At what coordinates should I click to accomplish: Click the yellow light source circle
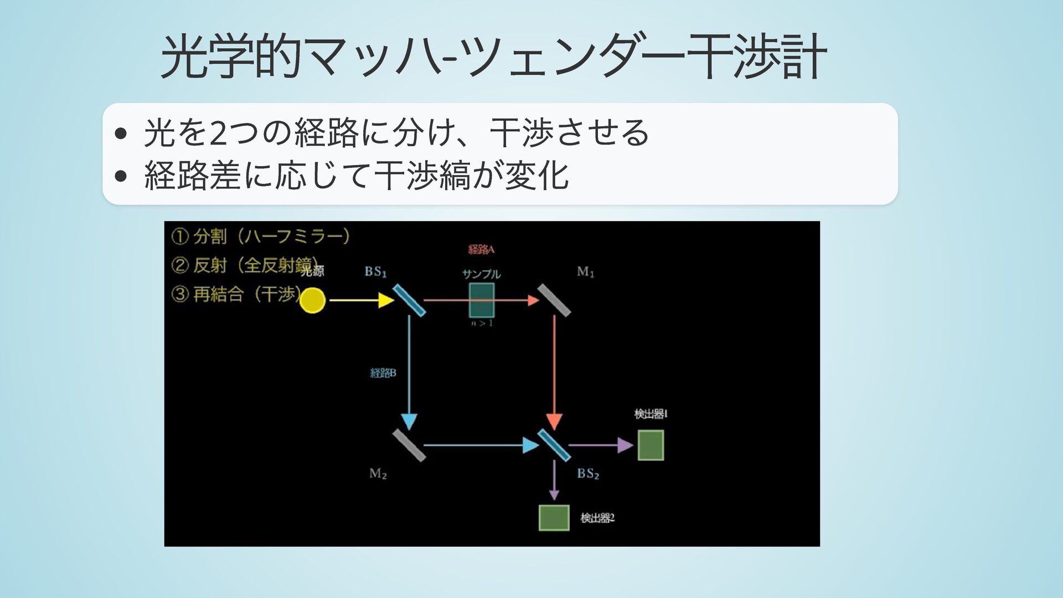[312, 300]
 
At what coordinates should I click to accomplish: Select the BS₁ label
[375, 272]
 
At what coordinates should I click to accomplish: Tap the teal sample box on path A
[481, 300]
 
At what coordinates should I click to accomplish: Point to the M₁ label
[585, 272]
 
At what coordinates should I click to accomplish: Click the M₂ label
[378, 473]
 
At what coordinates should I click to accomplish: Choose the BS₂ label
[588, 473]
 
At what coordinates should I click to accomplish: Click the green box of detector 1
[651, 445]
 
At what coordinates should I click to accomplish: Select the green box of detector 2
[554, 518]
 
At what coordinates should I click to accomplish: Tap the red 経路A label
[481, 249]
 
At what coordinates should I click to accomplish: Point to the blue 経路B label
[383, 373]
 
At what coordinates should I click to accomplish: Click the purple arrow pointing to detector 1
[601, 445]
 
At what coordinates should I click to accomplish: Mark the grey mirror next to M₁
[554, 300]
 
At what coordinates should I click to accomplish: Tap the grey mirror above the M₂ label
[409, 445]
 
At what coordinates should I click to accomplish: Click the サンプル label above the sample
[481, 274]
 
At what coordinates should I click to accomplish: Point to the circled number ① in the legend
[180, 237]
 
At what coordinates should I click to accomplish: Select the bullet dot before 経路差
[120, 177]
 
